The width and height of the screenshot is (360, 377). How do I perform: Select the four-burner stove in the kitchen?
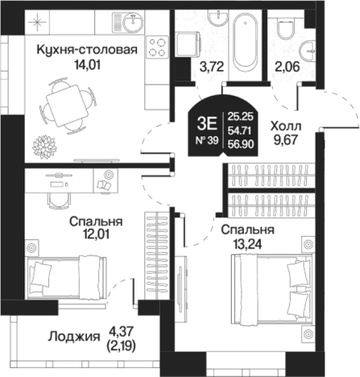click(155, 46)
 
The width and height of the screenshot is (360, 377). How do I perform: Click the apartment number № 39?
click(208, 142)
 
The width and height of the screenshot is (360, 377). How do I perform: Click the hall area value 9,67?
click(284, 141)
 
